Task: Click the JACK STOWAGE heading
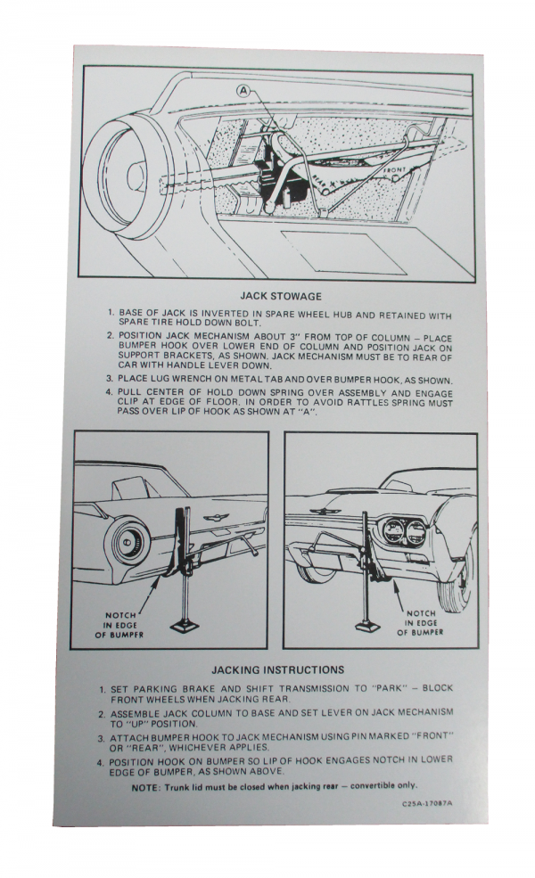coord(281,295)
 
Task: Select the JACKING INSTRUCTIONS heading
coord(277,669)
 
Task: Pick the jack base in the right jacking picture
coord(367,624)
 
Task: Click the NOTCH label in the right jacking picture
coord(421,613)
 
